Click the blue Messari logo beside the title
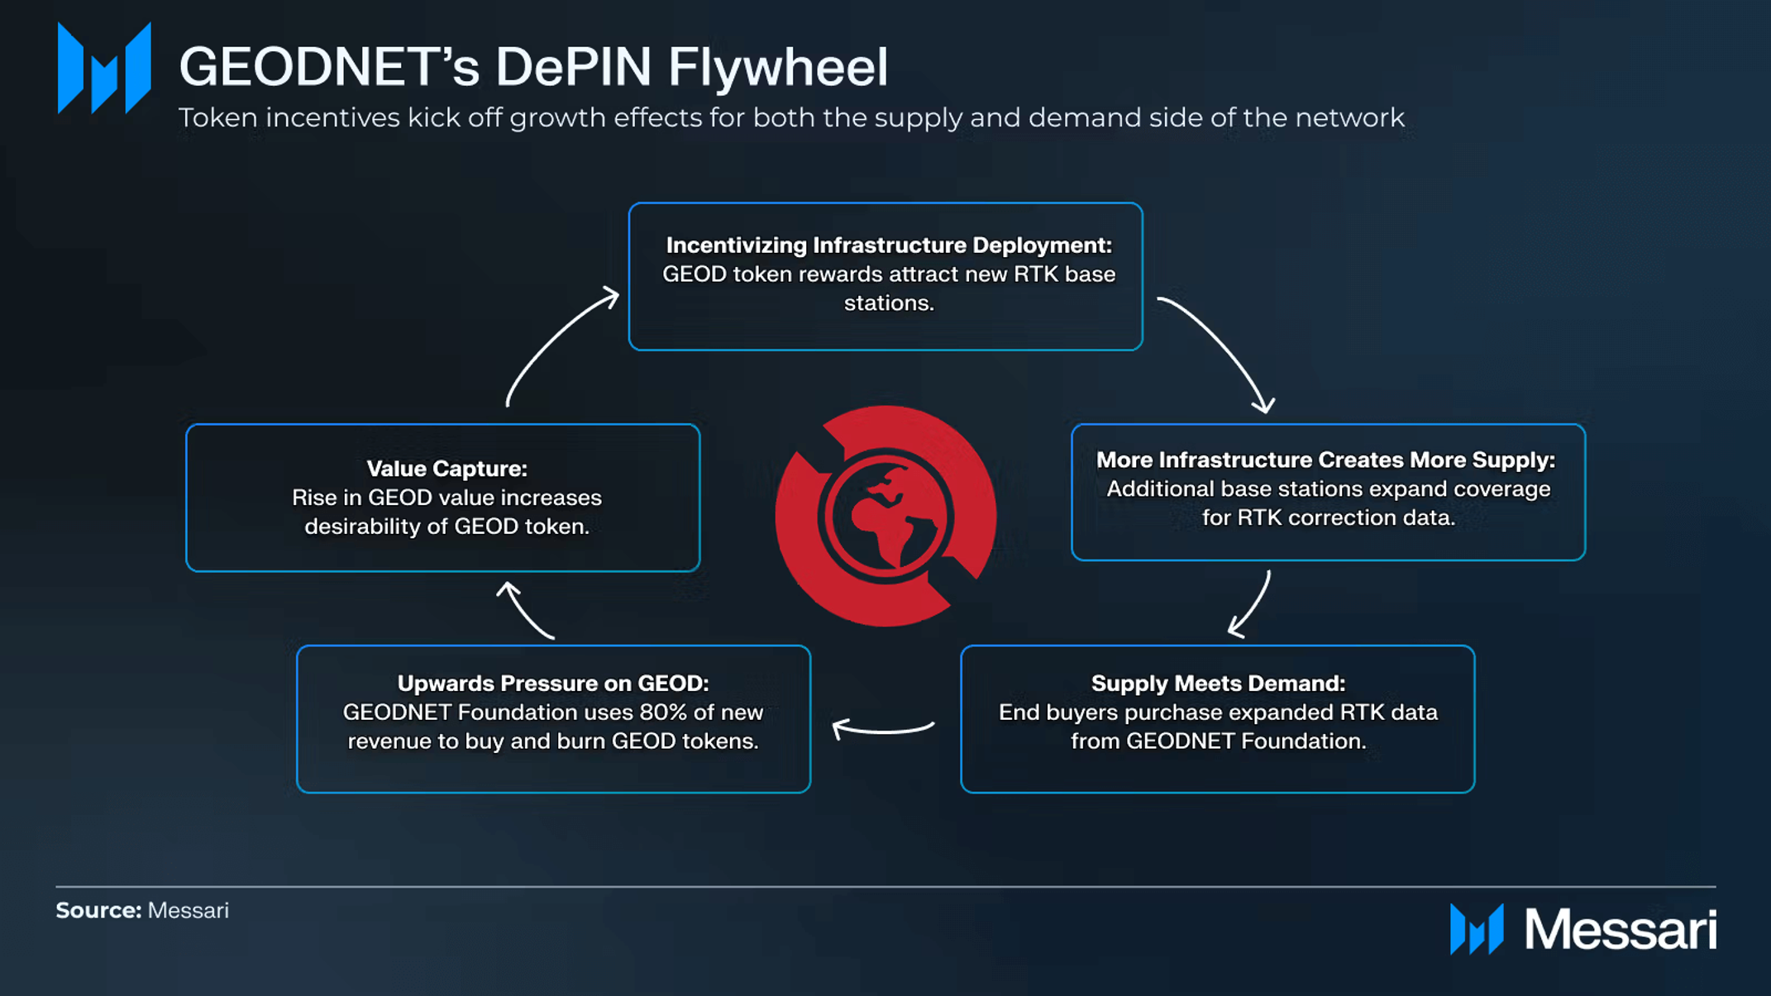pyautogui.click(x=104, y=69)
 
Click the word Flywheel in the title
pyautogui.click(x=778, y=67)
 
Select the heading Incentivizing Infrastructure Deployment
pyautogui.click(x=889, y=245)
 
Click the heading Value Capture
pyautogui.click(x=446, y=469)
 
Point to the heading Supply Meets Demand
pyautogui.click(x=1218, y=684)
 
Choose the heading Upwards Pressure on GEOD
pyautogui.click(x=553, y=684)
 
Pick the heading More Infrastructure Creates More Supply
pyautogui.click(x=1325, y=460)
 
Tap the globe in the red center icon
pyautogui.click(x=886, y=517)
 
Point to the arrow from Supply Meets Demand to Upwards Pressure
pyautogui.click(x=882, y=728)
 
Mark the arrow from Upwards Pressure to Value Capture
pyautogui.click(x=525, y=610)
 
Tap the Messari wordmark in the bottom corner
pyautogui.click(x=1620, y=930)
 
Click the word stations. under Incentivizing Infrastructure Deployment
pyautogui.click(x=889, y=303)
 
